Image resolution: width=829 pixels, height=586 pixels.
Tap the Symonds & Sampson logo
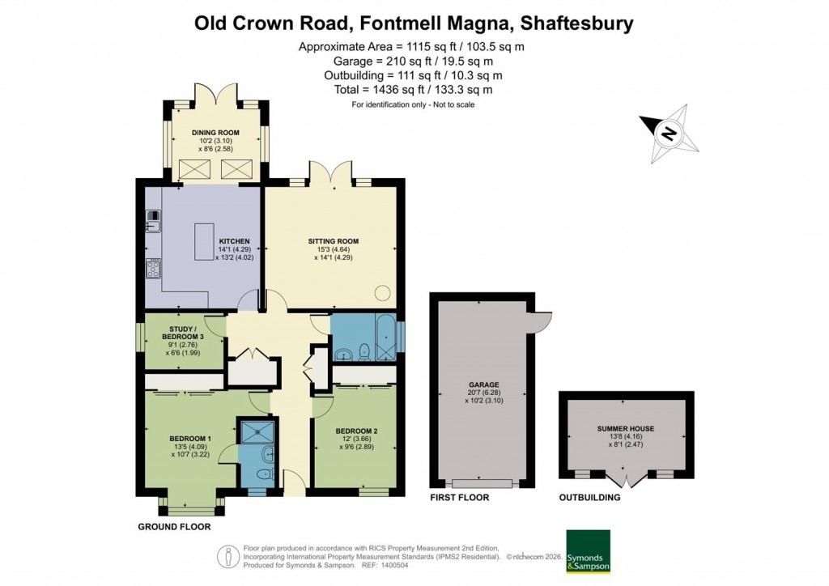[x=587, y=552]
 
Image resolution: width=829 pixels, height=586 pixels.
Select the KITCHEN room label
[x=235, y=241]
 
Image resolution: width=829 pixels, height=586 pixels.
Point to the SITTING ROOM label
[x=333, y=241]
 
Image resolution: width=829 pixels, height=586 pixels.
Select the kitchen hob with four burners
[x=153, y=269]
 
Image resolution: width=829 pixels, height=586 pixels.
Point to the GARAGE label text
[x=483, y=385]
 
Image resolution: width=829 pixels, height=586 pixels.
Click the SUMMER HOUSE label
[x=626, y=428]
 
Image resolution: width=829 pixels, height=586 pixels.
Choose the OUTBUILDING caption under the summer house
[x=589, y=498]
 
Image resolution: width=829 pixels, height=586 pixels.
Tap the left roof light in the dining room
[x=194, y=169]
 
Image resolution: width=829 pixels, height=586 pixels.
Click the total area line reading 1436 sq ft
[x=413, y=90]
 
